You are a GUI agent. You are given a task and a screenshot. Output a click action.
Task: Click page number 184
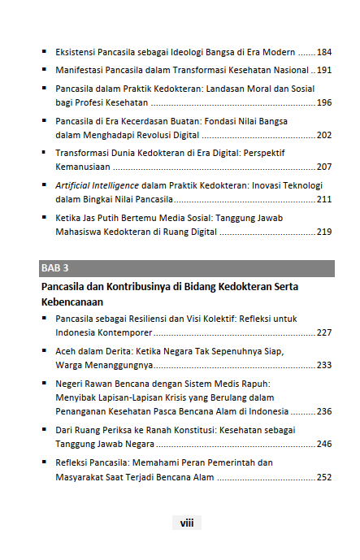[x=324, y=51]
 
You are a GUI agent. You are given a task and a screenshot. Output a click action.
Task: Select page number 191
[x=324, y=70]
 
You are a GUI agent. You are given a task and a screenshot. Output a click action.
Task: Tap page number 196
[x=324, y=102]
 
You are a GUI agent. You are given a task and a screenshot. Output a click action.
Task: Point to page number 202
[x=324, y=135]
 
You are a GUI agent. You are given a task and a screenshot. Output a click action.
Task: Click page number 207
[x=324, y=167]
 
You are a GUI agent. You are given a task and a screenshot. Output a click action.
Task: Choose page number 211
[x=324, y=199]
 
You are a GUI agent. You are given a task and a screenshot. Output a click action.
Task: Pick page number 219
[x=324, y=232]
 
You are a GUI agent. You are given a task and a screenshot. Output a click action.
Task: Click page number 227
[x=324, y=333]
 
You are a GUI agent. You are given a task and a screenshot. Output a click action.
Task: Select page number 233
[x=324, y=365]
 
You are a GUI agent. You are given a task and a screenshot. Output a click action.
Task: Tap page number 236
[x=324, y=411]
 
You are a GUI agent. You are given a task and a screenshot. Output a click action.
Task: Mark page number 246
[x=324, y=445]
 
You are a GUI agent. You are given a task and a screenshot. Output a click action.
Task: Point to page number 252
[x=324, y=477]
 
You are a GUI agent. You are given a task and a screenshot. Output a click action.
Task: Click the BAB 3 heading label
[x=54, y=267]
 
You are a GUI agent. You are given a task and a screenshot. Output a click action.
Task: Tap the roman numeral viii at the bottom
[x=187, y=523]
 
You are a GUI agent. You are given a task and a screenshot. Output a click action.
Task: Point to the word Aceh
[x=67, y=351]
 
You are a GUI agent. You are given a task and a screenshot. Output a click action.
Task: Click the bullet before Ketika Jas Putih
[x=45, y=218]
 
